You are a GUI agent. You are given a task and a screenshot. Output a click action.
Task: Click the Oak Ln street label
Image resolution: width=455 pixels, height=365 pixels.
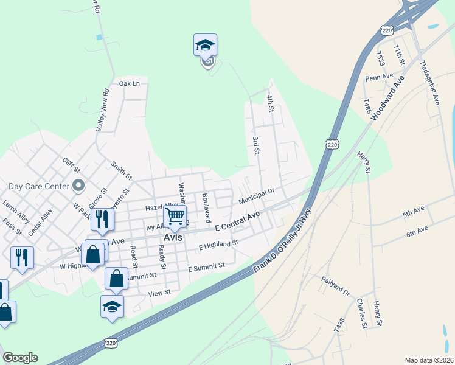(129, 83)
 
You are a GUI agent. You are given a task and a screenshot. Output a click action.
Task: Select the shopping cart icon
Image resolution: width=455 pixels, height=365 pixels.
(175, 216)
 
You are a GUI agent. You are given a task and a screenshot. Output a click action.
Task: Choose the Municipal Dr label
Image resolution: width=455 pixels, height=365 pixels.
(257, 196)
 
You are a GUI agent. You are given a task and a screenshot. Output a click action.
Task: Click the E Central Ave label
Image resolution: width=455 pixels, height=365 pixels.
(238, 221)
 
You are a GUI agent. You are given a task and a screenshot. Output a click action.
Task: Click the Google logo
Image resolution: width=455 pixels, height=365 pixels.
(20, 358)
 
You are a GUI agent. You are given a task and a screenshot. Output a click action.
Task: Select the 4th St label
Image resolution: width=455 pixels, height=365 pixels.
(271, 103)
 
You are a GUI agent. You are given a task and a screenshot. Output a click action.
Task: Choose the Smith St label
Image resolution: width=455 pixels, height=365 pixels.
(121, 170)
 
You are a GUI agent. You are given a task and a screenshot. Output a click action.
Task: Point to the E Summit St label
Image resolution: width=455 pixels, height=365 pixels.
(206, 267)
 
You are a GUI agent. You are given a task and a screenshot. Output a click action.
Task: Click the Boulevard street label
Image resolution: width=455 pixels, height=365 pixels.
(206, 207)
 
